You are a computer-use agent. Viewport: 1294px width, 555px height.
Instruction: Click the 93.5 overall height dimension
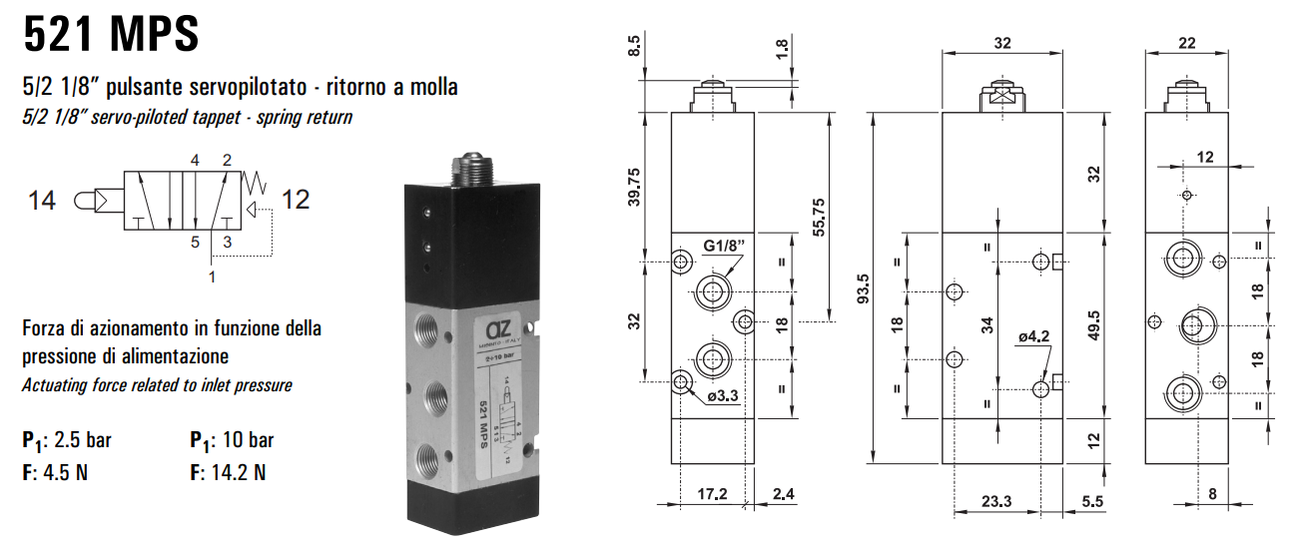pos(865,288)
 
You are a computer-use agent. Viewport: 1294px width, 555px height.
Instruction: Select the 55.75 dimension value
pos(820,215)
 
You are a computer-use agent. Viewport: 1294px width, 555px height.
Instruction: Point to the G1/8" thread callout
pos(725,246)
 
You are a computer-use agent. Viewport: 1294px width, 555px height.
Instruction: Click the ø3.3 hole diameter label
pos(722,396)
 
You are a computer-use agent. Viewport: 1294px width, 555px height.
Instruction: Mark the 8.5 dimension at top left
pos(635,44)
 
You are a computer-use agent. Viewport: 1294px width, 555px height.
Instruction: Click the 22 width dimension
pos(1185,42)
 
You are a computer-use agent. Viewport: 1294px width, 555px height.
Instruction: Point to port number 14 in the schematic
pos(42,201)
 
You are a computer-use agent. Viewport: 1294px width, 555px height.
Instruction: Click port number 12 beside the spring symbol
pos(296,200)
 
